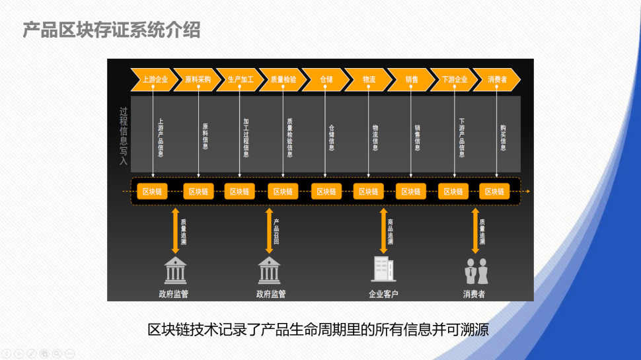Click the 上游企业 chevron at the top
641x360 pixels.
click(x=155, y=79)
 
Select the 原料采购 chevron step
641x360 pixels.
click(x=198, y=79)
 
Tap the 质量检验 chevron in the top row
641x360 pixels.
click(x=283, y=79)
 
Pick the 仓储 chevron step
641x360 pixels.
click(x=326, y=79)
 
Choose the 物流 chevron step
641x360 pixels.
click(x=369, y=79)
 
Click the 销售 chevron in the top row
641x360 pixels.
click(x=411, y=79)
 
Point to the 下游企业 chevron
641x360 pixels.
click(x=454, y=79)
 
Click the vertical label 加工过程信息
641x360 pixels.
click(x=246, y=137)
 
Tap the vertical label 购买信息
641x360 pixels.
click(x=503, y=137)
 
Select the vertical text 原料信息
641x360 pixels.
click(x=205, y=136)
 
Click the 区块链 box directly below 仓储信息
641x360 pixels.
click(x=326, y=192)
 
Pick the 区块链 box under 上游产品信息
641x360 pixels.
click(x=153, y=192)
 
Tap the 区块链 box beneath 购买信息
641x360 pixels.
click(x=495, y=192)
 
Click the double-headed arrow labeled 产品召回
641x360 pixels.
click(x=269, y=231)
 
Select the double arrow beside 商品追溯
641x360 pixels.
click(x=383, y=231)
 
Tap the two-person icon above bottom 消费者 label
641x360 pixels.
click(x=474, y=271)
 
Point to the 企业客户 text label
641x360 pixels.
click(x=383, y=294)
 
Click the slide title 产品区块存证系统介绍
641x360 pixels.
click(x=112, y=30)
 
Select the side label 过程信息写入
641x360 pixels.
click(x=123, y=136)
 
